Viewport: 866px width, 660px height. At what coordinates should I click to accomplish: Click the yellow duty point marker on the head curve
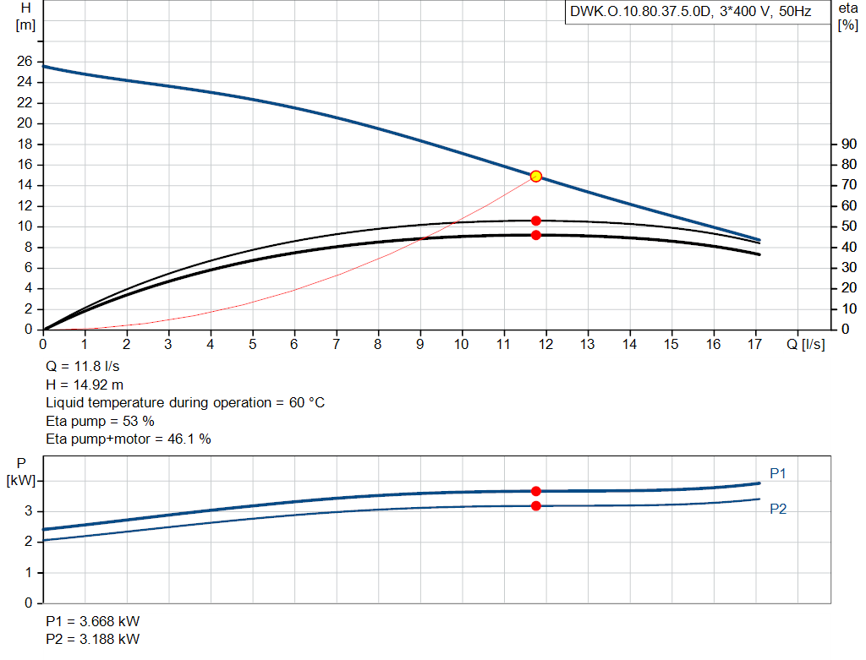click(535, 176)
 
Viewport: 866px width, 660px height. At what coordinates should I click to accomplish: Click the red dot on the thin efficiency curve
click(535, 221)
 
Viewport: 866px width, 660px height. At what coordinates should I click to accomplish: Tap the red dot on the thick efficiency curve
click(535, 235)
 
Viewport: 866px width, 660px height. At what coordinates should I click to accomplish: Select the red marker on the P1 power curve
click(535, 491)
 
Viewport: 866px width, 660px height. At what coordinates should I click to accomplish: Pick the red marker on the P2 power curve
click(535, 505)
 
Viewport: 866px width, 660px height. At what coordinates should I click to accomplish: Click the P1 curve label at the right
click(778, 473)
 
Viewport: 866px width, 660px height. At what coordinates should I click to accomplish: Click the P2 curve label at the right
click(778, 510)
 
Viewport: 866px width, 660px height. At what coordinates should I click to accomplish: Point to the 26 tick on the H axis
click(25, 62)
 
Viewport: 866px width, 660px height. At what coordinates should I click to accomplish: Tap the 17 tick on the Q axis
click(755, 345)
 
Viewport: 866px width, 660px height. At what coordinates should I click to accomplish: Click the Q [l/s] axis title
click(805, 345)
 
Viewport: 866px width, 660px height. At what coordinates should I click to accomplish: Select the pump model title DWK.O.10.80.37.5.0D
click(642, 13)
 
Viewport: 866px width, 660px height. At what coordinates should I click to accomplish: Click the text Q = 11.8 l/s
click(83, 367)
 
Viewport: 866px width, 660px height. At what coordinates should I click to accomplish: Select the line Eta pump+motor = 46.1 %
click(128, 439)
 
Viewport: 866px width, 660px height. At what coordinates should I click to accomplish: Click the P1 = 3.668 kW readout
click(93, 621)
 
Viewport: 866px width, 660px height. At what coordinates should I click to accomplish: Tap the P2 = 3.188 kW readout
click(93, 639)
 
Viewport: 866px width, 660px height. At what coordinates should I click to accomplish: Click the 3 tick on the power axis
click(28, 511)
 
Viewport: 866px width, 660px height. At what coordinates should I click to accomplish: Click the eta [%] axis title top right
click(847, 15)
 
